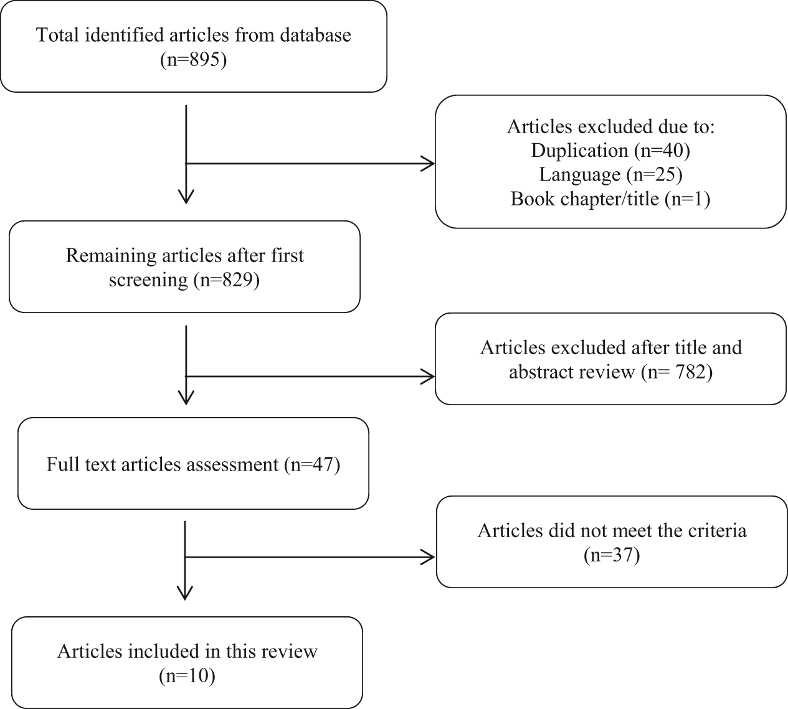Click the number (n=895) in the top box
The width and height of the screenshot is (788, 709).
pos(193,60)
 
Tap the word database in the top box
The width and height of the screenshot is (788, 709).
pos(315,35)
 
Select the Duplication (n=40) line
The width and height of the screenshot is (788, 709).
pos(610,151)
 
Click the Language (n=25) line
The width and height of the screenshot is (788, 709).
pos(610,175)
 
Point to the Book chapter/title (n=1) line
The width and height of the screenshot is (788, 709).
pos(610,199)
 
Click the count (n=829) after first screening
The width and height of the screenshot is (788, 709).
pos(227,280)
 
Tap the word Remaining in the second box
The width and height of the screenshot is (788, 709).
pos(111,256)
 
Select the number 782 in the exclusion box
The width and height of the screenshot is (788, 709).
pos(690,372)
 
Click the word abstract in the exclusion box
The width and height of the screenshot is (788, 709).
pos(572,372)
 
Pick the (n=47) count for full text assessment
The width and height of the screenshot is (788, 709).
pos(312,464)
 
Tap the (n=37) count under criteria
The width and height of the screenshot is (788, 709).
pos(612,555)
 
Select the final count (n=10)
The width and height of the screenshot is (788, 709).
pos(187,676)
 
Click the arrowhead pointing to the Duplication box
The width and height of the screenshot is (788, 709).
pos(428,164)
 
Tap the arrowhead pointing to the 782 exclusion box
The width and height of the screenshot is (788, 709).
pos(428,377)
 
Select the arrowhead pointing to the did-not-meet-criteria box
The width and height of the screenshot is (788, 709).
pos(428,557)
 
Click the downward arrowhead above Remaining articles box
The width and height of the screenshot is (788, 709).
pos(186,197)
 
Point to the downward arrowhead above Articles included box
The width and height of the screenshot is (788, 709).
pos(184,593)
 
